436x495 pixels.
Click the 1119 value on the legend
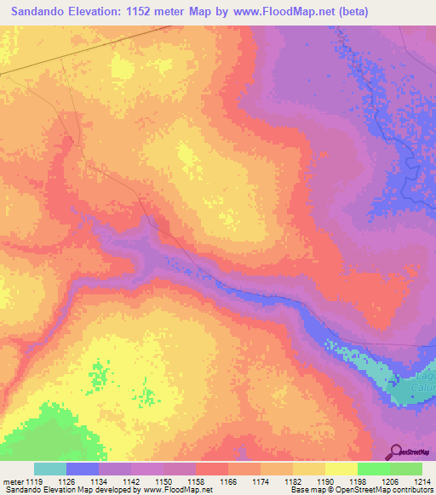34,481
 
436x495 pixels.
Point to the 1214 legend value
422,481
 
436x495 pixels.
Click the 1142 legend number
131,481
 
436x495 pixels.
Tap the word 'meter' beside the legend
13,481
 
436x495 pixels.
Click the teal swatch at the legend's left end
50,469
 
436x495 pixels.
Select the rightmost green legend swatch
405,469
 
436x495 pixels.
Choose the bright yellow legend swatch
341,469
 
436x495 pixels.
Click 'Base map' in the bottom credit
304,490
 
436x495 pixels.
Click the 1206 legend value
390,481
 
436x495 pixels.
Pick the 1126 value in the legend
66,481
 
